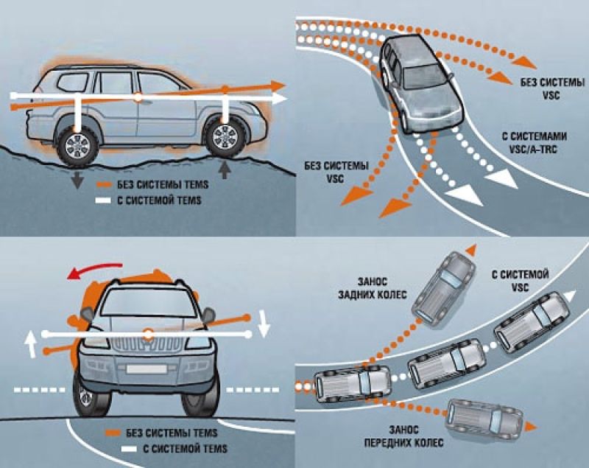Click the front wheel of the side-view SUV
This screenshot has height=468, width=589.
point(225,136)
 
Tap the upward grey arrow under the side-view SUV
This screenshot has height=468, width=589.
point(225,170)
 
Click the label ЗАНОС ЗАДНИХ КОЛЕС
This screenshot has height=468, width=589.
point(376,287)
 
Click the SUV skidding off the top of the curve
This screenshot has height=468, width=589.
point(444,284)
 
